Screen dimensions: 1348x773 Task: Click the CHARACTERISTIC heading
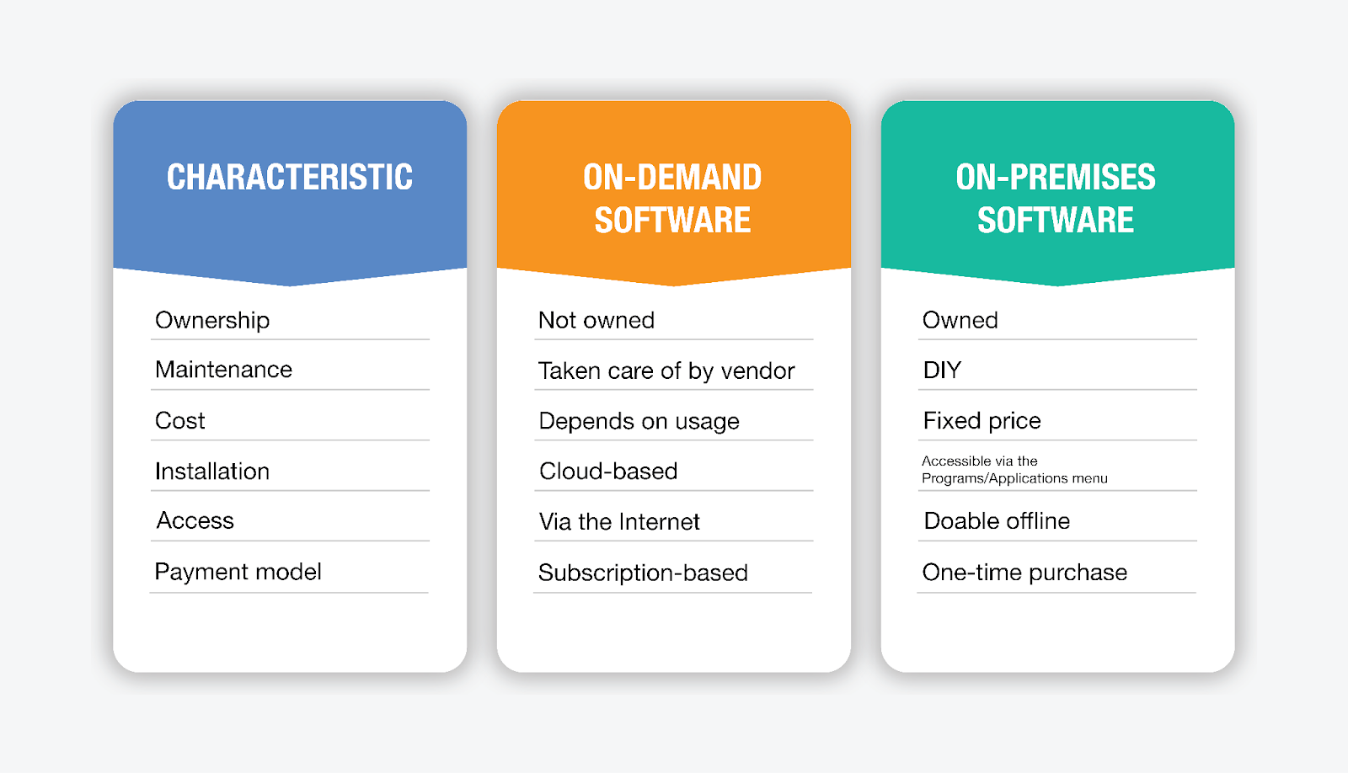(290, 177)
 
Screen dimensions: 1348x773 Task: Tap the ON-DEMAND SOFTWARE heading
(673, 198)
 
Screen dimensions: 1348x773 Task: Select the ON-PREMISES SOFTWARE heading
(1056, 198)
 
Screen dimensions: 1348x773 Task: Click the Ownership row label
(212, 321)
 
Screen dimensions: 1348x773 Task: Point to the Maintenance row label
(223, 370)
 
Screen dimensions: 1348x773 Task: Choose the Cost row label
(180, 420)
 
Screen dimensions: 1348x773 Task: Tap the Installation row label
(212, 471)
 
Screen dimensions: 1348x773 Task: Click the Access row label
(195, 520)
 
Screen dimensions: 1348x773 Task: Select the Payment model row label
(238, 572)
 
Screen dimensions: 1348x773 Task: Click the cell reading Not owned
(596, 320)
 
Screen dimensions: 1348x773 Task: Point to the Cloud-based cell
(608, 471)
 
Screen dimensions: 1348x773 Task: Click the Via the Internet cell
(619, 521)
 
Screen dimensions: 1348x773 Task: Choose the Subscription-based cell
(643, 573)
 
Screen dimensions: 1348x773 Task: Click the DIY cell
(943, 370)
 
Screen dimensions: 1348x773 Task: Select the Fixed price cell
(982, 421)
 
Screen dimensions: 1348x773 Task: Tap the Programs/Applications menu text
(1014, 478)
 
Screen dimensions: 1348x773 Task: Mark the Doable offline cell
(998, 521)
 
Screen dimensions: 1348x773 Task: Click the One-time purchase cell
(1024, 573)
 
